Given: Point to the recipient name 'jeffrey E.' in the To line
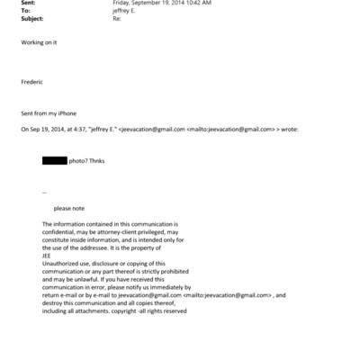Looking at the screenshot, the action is click(x=127, y=13).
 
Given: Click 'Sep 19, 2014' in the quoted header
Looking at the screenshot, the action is click(x=49, y=130).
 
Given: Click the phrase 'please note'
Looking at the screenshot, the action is click(x=68, y=208).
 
